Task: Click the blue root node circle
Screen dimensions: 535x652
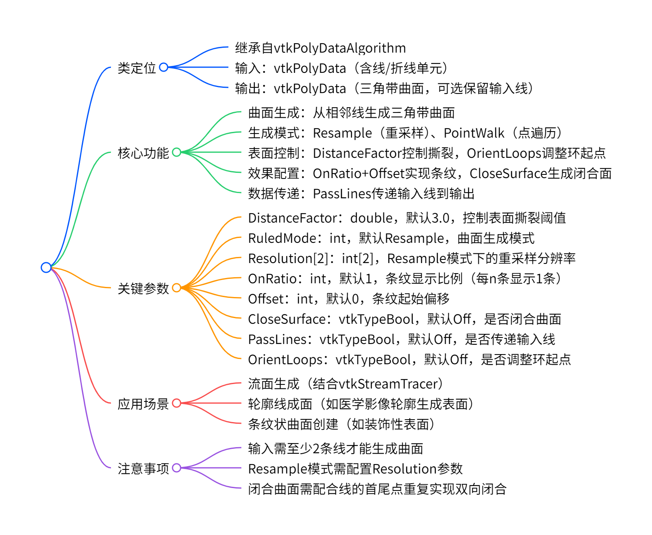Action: [x=46, y=267]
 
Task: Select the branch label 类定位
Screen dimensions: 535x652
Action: [x=136, y=68]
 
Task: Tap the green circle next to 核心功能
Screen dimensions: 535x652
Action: [x=177, y=152]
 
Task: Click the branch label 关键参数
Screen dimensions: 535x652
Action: [x=143, y=288]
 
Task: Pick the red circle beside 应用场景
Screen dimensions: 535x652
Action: [x=177, y=403]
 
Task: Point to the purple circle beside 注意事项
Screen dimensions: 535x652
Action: [x=177, y=468]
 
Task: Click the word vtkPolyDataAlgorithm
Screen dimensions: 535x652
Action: [x=340, y=48]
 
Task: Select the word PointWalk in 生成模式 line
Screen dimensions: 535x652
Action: [x=474, y=133]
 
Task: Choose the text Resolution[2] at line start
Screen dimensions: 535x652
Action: [x=288, y=258]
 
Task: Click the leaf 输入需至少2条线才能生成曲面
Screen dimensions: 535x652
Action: [x=335, y=448]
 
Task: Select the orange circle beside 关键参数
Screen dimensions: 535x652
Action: [x=177, y=288]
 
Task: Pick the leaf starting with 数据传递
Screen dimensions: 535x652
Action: [x=361, y=193]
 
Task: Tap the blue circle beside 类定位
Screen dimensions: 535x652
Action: [x=164, y=67]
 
